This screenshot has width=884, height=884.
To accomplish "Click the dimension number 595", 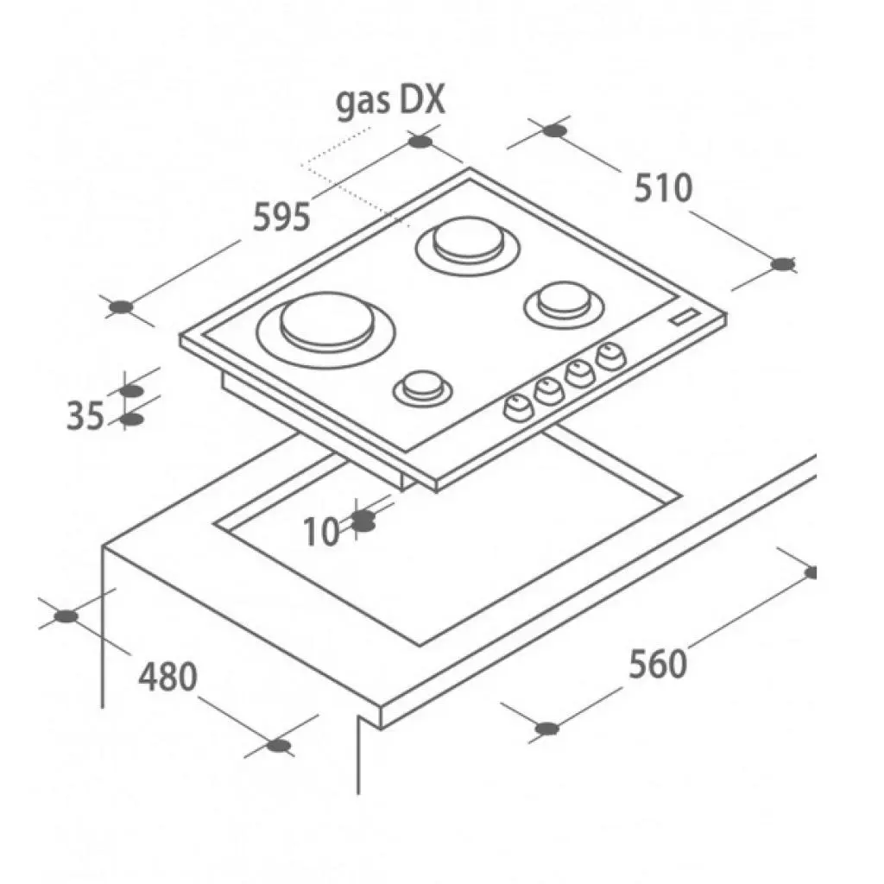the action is (x=281, y=217).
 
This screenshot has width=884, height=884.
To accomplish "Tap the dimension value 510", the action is (x=663, y=188).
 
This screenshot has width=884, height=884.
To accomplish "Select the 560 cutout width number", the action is (x=658, y=664).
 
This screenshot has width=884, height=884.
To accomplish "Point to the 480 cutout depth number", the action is (x=168, y=677).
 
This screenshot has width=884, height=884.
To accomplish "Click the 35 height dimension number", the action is (x=85, y=416).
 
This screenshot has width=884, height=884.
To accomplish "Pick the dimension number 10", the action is (x=322, y=531).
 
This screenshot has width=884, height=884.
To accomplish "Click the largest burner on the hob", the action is (x=326, y=331).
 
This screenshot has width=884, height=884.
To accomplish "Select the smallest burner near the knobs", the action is (x=423, y=387).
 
